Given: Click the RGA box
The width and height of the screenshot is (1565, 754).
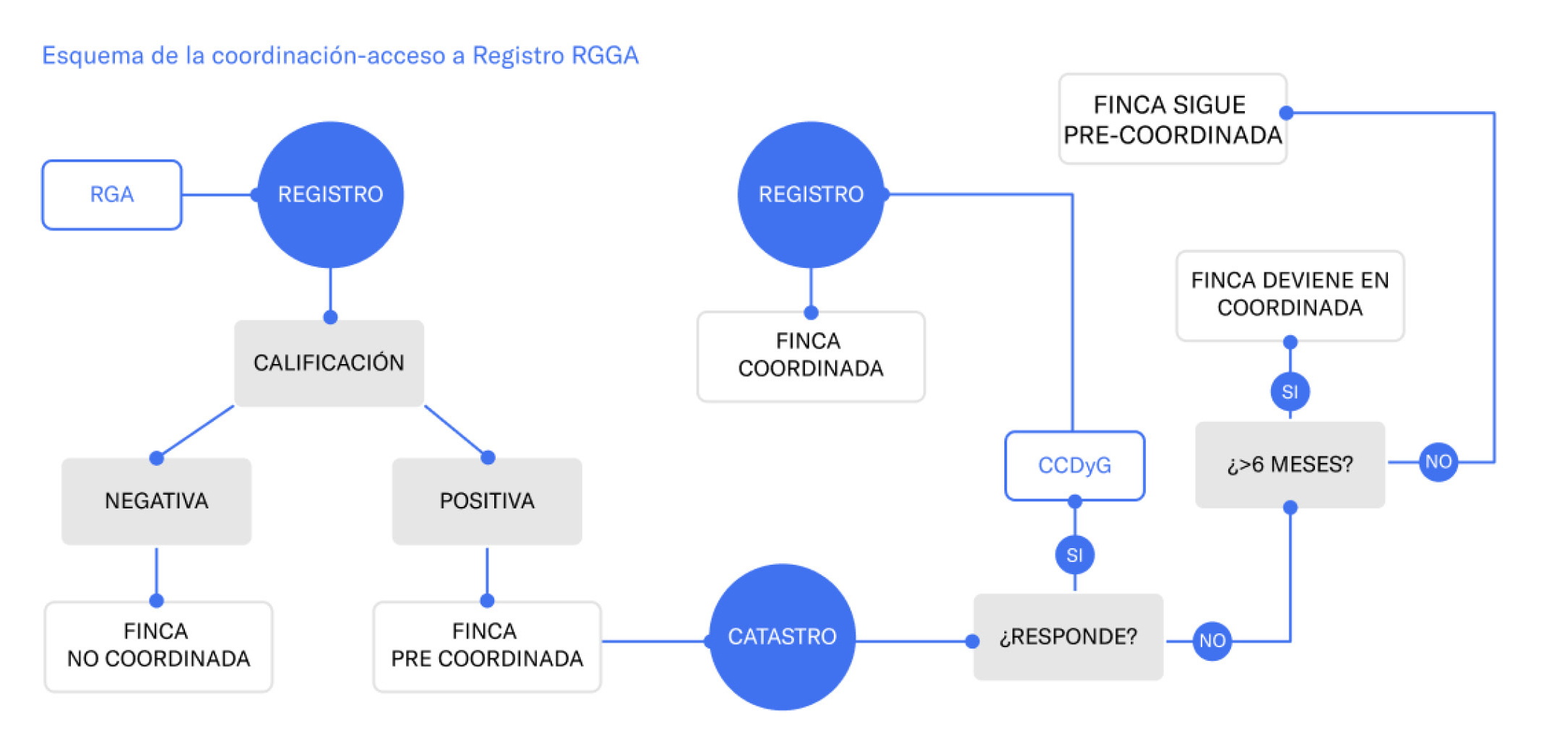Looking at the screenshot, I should [112, 195].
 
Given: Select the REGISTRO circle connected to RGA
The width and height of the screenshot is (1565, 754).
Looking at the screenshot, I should [330, 195].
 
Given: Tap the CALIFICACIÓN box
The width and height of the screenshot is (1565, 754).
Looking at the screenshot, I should [329, 363].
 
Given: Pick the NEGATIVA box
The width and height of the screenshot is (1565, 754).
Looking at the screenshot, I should [156, 501].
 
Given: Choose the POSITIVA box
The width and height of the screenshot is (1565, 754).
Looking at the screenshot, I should [487, 501].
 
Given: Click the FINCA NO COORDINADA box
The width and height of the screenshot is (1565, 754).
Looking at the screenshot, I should [158, 646].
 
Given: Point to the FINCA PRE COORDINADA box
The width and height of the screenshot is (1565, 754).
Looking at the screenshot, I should [487, 646].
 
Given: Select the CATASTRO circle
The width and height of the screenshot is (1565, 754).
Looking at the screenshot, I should [782, 637].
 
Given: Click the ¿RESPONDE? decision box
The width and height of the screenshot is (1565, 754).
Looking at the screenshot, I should [1068, 637].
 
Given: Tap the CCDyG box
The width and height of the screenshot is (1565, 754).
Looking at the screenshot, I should [1074, 466].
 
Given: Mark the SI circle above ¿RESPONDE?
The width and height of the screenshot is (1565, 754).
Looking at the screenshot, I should [1074, 555].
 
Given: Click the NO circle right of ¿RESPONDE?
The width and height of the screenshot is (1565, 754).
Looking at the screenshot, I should [1212, 641].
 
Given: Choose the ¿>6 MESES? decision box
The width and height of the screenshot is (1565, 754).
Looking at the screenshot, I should [1290, 464].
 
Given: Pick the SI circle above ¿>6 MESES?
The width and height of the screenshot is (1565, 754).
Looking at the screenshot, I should [1290, 392].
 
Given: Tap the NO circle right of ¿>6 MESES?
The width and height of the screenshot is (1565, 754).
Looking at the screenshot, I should [1438, 462].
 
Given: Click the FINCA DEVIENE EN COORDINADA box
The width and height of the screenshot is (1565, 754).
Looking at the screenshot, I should [1290, 295].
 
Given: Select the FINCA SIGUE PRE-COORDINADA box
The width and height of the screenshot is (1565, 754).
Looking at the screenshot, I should [1172, 119].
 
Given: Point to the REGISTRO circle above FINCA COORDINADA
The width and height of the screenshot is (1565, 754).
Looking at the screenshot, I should [811, 195].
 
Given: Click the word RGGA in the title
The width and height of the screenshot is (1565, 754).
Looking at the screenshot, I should [605, 56].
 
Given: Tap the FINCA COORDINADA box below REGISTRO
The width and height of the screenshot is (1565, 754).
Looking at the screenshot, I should [811, 356].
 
